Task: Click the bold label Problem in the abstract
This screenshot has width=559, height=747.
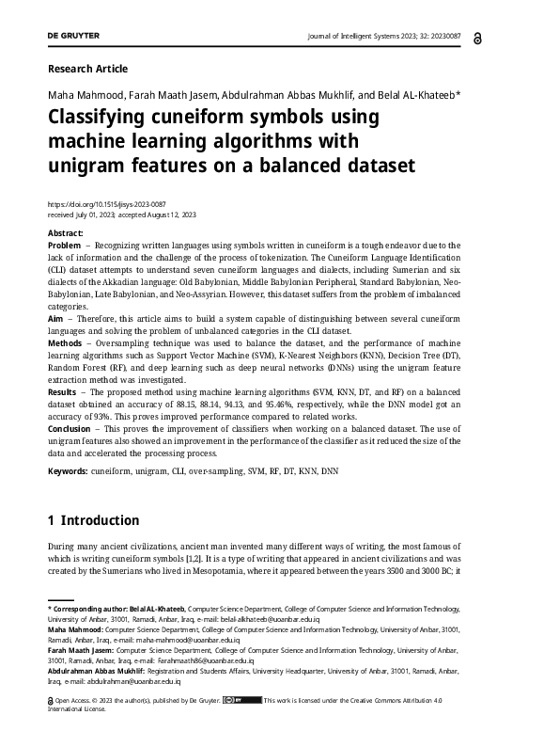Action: [65, 245]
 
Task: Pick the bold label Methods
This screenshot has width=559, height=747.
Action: [65, 343]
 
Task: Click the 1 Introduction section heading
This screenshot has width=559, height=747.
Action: [93, 520]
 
